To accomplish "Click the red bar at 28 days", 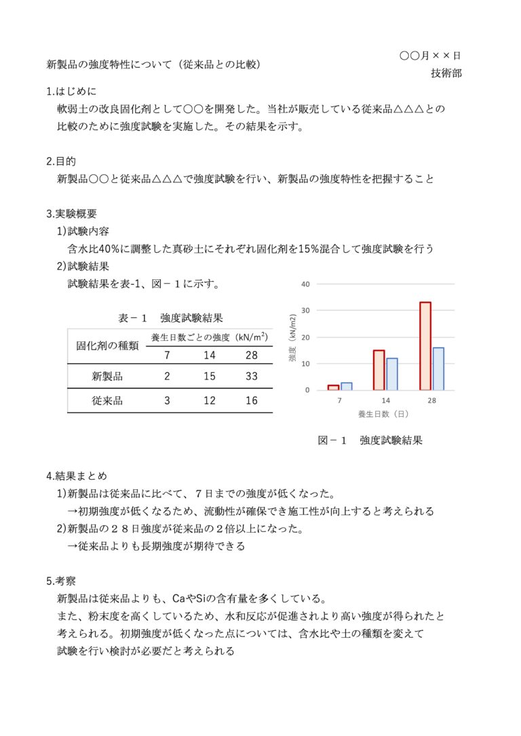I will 425,346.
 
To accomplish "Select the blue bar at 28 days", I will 438,369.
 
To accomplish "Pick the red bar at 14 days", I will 379,370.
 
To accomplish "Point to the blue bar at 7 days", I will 346,386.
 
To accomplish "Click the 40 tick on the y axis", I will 305,284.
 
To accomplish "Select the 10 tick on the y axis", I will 305,364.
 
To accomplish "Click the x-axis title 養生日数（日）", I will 383,413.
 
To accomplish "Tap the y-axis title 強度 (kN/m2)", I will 293,337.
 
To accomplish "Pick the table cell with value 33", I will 252,376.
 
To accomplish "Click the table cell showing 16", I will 252,401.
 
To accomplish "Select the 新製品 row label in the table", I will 107,376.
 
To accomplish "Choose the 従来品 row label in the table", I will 107,401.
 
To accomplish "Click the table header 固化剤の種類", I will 107,346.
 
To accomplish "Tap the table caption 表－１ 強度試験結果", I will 170,317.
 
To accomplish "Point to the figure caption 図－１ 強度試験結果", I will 370,441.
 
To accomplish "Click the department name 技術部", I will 446,73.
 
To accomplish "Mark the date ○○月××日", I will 430,56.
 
